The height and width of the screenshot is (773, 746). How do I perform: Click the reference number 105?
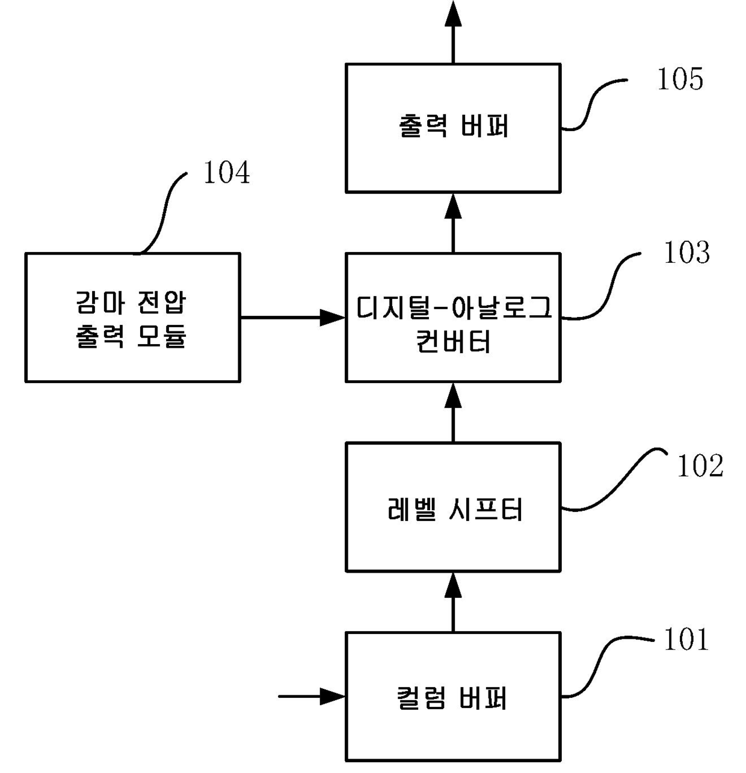point(680,79)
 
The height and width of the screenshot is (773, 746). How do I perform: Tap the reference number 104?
point(226,173)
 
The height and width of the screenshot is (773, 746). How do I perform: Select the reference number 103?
point(686,252)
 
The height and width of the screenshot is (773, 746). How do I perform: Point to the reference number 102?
point(700,466)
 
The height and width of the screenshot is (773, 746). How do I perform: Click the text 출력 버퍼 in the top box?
point(453,126)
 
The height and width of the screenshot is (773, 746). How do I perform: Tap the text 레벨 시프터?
point(455,510)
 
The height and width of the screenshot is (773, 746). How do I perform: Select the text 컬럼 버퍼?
point(452,698)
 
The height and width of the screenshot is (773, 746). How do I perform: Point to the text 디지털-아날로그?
point(454,307)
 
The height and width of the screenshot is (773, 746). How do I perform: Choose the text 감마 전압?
point(131,303)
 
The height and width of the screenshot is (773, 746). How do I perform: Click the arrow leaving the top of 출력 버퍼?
point(453,32)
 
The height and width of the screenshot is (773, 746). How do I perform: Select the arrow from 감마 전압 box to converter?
point(293,318)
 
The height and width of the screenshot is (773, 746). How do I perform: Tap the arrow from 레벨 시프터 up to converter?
point(453,412)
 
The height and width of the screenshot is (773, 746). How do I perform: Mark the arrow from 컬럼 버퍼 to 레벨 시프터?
point(453,602)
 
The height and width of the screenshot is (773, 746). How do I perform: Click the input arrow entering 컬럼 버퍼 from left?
point(312,697)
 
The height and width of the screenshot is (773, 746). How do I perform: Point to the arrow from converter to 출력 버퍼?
point(453,223)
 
